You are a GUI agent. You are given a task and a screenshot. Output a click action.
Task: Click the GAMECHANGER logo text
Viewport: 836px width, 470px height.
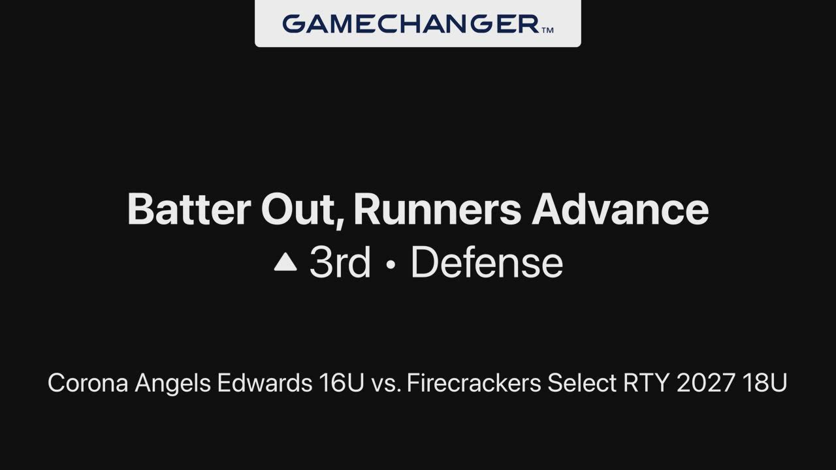tap(411, 24)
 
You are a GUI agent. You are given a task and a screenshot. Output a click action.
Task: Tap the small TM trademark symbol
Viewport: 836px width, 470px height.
tap(547, 30)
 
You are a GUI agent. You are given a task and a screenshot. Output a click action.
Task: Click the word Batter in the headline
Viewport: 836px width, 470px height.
tap(189, 210)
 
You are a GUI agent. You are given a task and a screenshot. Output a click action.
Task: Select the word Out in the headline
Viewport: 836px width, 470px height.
tap(302, 210)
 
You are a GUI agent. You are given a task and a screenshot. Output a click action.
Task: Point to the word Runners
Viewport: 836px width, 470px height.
tap(437, 210)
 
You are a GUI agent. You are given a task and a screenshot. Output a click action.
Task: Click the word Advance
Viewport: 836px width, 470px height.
tap(620, 210)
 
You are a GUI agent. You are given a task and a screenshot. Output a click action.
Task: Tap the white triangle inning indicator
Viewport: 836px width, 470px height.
tap(285, 262)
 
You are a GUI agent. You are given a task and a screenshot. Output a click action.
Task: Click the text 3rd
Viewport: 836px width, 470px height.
tap(340, 262)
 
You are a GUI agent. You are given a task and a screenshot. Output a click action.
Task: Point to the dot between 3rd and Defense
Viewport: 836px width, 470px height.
tap(391, 264)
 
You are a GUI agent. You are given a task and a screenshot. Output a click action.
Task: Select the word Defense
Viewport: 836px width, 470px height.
tap(487, 262)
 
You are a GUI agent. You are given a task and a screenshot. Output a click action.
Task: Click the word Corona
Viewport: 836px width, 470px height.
tap(88, 383)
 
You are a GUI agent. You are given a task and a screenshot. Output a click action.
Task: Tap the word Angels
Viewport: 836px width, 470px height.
tap(173, 383)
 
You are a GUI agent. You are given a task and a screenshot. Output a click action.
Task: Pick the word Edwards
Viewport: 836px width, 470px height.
tap(265, 383)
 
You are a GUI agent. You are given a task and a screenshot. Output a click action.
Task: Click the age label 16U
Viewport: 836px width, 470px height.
tap(342, 383)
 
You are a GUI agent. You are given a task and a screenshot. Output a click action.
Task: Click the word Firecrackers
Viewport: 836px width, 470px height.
tap(474, 383)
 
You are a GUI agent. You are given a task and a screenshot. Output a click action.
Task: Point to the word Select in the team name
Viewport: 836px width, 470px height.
tap(582, 383)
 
